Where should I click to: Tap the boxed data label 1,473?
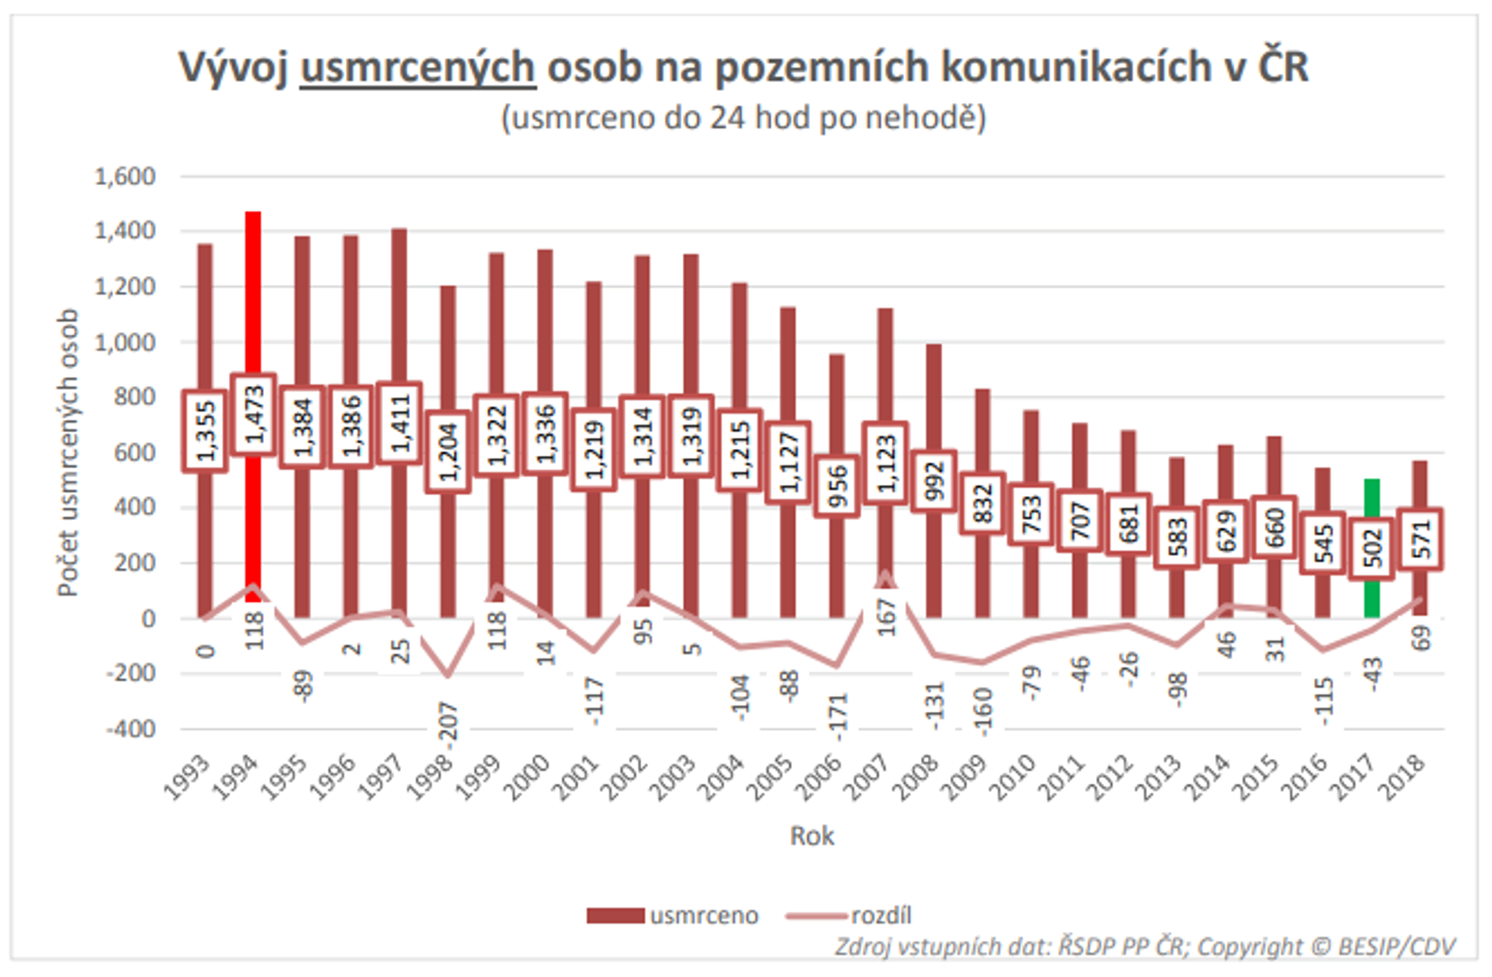[253, 415]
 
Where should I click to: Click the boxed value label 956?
[837, 486]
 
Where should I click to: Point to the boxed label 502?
[1371, 549]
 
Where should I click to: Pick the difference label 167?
[886, 617]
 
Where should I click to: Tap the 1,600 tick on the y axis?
[125, 177]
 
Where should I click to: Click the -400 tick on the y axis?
[131, 730]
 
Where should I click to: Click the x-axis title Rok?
[812, 836]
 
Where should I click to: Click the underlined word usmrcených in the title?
[418, 67]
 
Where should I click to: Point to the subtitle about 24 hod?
[744, 117]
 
